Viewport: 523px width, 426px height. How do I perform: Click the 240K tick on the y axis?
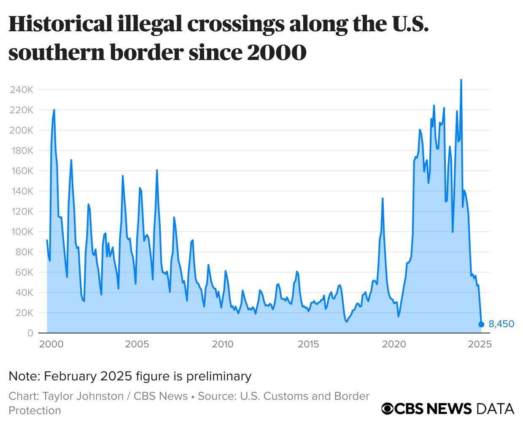click(x=21, y=90)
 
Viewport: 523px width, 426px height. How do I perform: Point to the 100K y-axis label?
click(x=21, y=232)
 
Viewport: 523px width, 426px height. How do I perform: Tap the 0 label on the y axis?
click(x=30, y=333)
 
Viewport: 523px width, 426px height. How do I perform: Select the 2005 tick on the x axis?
click(x=137, y=344)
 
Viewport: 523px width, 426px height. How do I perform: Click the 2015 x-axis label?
click(x=308, y=344)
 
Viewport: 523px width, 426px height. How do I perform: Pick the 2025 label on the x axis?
click(x=480, y=344)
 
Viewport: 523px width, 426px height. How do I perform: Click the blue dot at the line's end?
click(x=481, y=324)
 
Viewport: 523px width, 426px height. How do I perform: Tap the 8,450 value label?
click(x=501, y=324)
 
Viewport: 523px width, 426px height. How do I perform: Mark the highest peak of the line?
click(x=461, y=79)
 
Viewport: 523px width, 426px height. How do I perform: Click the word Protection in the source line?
click(x=35, y=410)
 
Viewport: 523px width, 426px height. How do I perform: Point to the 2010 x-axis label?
click(x=222, y=344)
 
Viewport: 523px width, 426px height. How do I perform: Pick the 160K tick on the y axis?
click(x=21, y=171)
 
